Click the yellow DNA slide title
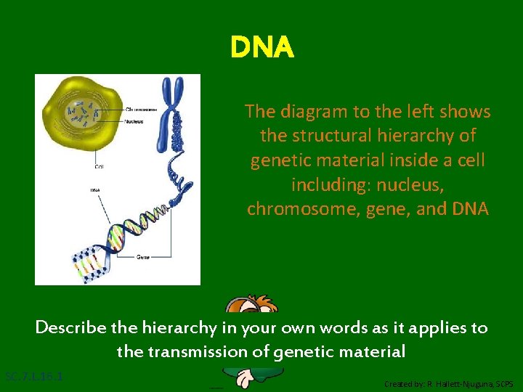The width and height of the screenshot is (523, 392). (x=261, y=48)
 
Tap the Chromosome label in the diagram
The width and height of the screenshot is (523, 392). (x=142, y=110)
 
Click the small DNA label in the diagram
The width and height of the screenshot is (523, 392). (x=95, y=191)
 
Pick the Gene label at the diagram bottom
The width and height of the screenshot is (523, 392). (x=142, y=257)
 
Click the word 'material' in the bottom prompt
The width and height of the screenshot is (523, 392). (x=372, y=352)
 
